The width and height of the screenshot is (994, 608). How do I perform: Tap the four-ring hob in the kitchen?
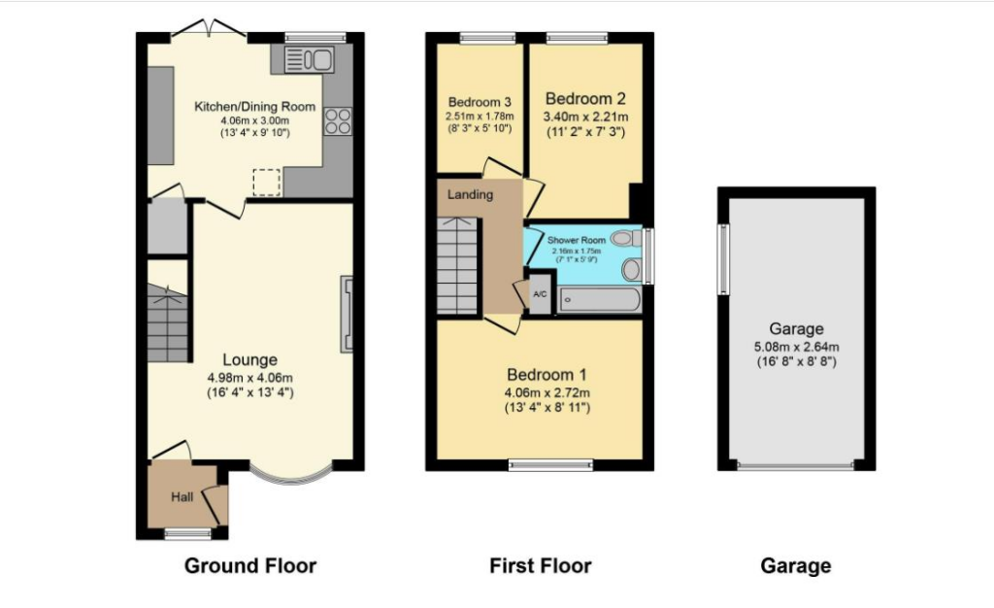(x=338, y=121)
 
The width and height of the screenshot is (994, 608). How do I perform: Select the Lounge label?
(x=249, y=359)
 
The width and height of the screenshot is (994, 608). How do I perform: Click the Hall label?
(x=182, y=496)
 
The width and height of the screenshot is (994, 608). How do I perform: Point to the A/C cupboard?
(x=540, y=293)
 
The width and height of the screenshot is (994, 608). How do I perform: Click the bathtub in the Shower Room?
(x=600, y=300)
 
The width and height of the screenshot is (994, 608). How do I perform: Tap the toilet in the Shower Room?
(x=626, y=238)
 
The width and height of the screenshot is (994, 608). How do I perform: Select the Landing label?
(x=470, y=194)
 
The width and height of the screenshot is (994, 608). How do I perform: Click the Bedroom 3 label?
(x=480, y=102)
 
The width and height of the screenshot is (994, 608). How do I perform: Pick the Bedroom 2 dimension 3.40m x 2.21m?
(x=585, y=117)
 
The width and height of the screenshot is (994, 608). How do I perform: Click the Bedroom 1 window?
(x=551, y=465)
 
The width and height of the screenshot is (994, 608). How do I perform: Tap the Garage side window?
(x=722, y=259)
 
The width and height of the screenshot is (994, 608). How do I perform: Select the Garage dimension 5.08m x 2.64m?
(x=796, y=347)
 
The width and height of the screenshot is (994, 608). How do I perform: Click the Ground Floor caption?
(x=250, y=565)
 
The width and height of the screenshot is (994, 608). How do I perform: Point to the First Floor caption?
(x=540, y=565)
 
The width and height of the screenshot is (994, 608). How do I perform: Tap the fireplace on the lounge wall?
(x=347, y=314)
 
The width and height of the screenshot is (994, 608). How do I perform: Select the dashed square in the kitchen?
(x=266, y=183)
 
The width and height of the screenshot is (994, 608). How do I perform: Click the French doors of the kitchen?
(x=210, y=28)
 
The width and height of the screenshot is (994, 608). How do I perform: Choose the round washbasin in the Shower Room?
(x=631, y=269)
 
